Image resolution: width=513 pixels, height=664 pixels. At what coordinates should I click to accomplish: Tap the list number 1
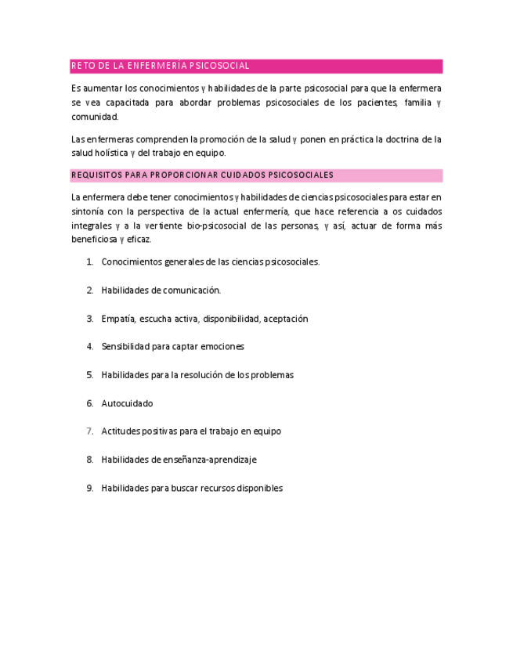coord(89,262)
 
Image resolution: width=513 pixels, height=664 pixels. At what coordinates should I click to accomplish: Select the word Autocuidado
coord(127,403)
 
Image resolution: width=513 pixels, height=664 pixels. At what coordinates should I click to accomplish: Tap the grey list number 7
coord(89,431)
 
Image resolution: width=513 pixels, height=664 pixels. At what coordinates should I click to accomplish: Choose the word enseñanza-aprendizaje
coord(208,460)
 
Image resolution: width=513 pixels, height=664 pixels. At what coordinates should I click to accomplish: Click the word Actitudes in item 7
coord(120,431)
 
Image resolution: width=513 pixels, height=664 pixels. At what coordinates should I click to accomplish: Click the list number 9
coord(89,488)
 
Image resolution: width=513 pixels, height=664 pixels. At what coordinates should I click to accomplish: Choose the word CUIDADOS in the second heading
coord(244,175)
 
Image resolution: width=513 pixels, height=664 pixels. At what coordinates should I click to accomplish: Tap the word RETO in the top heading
coord(81,66)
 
